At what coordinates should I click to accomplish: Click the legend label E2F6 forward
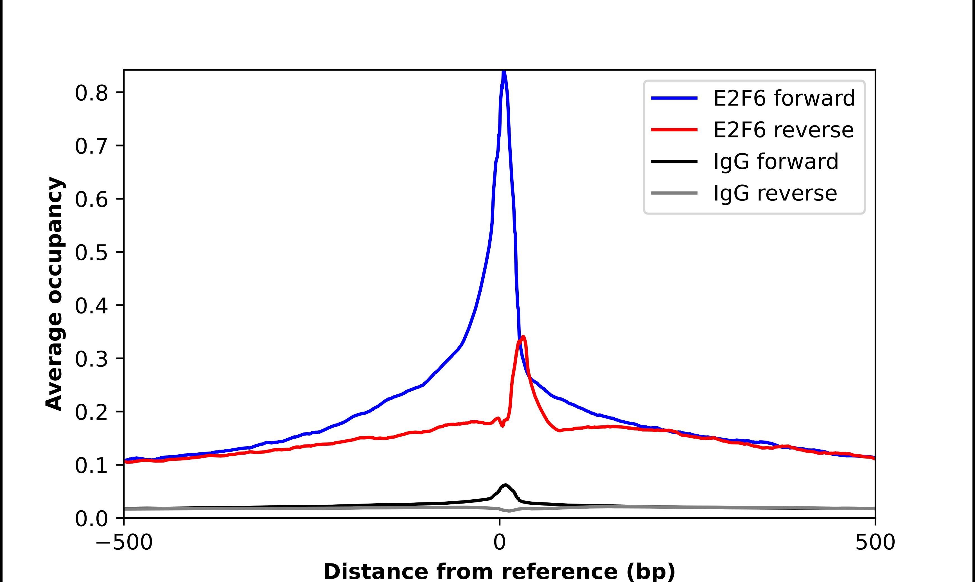(784, 98)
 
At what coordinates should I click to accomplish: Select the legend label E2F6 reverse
(783, 130)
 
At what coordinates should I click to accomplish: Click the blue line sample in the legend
(674, 98)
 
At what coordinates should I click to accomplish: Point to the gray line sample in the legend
(674, 193)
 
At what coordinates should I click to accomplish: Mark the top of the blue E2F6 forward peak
(504, 71)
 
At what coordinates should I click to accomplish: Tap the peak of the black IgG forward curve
(505, 485)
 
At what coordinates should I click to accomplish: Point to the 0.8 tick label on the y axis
(91, 93)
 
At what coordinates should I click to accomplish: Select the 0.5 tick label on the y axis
(91, 253)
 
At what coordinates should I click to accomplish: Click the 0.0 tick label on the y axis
(91, 519)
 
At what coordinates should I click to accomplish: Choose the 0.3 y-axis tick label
(91, 359)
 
